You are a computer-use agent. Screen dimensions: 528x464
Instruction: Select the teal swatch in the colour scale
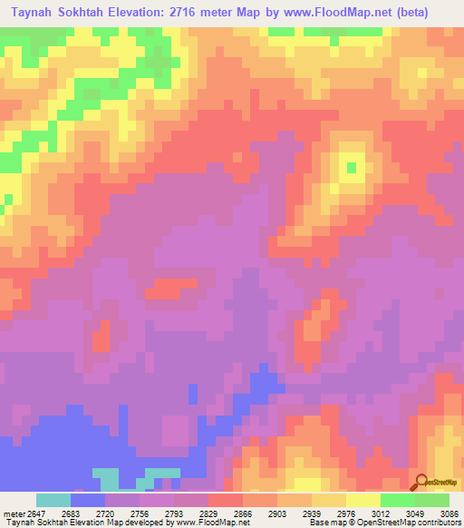click(x=53, y=500)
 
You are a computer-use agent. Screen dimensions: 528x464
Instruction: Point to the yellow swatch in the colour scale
click(x=363, y=500)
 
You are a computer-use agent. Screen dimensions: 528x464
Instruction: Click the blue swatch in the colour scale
click(x=88, y=500)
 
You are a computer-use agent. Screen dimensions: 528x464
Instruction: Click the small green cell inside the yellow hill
click(x=351, y=167)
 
